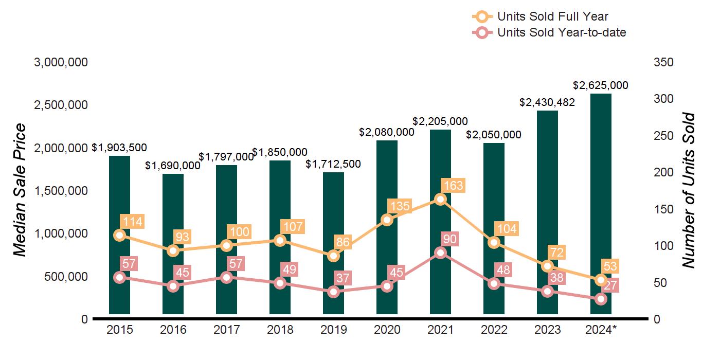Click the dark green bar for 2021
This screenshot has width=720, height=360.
[x=440, y=154]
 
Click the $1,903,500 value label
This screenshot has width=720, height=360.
[x=119, y=148]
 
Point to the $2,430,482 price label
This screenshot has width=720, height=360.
[x=547, y=102]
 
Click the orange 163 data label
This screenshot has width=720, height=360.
[x=453, y=185]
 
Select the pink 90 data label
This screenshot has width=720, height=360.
[x=449, y=239]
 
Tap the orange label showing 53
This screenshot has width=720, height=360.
[x=611, y=266]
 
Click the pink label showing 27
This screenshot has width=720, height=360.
[x=611, y=285]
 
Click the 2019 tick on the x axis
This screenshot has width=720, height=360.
[x=333, y=330]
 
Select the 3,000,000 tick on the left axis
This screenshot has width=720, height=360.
[x=61, y=62]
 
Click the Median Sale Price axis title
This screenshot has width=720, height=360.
[x=20, y=190]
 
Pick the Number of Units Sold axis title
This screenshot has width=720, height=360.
[x=689, y=190]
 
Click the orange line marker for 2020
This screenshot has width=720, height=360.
[x=387, y=220]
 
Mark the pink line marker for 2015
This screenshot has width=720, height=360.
[x=119, y=277]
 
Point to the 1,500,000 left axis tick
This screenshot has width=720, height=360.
[x=61, y=191]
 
